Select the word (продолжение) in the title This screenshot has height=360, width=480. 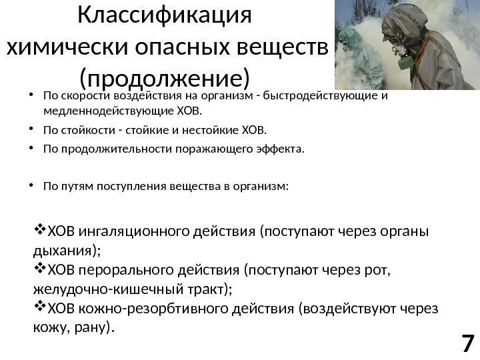164,77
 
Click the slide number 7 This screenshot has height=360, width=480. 467,344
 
